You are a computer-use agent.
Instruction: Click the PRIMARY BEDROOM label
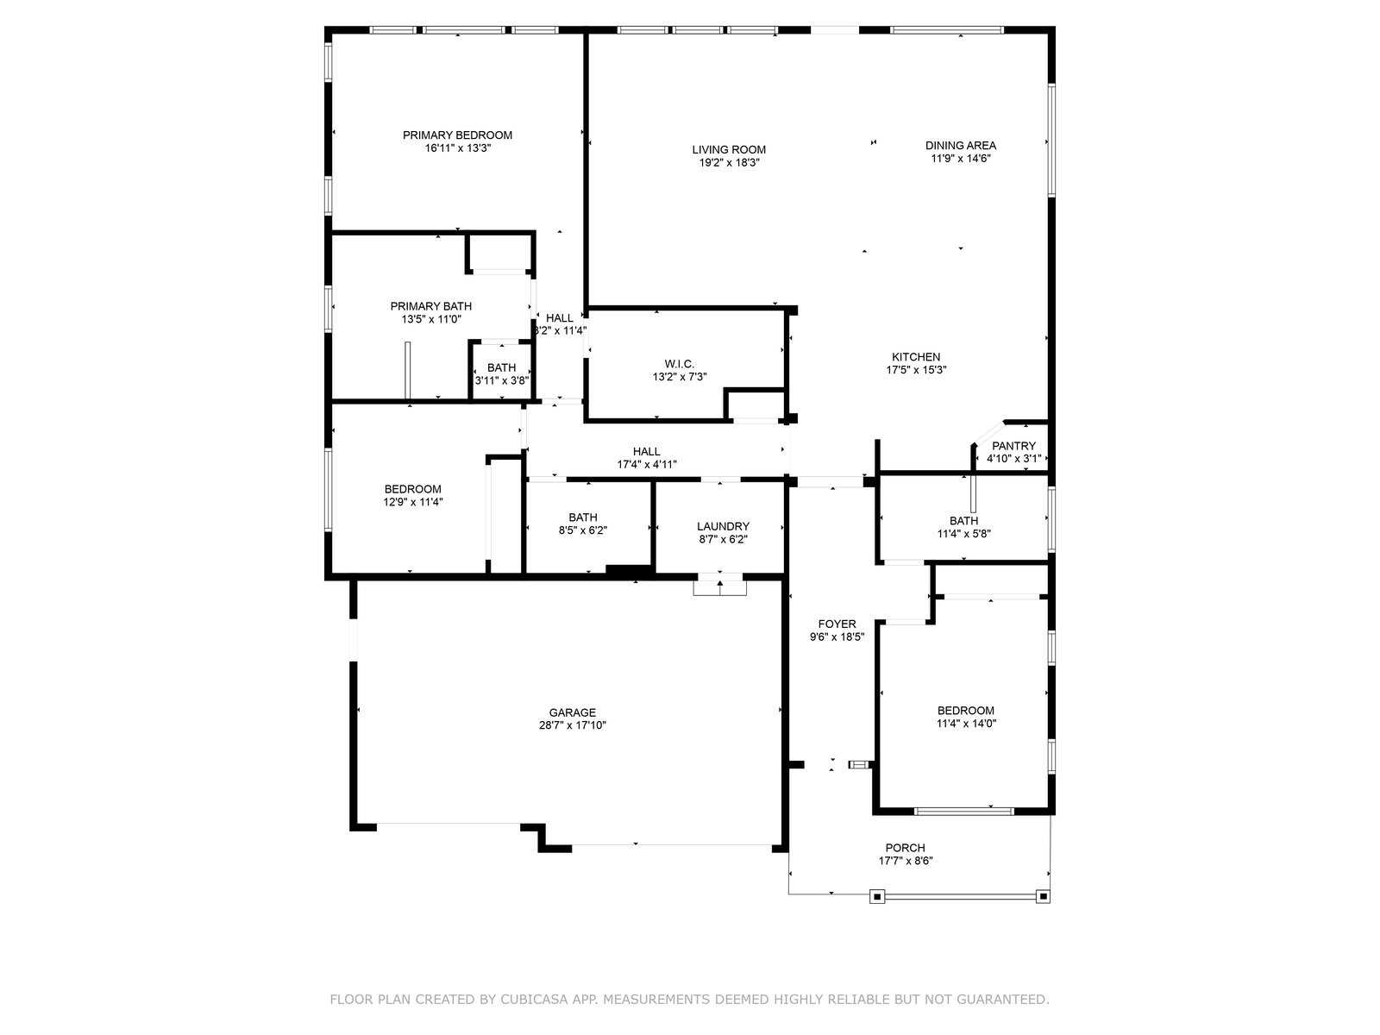point(457,135)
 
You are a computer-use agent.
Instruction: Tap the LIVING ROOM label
point(729,149)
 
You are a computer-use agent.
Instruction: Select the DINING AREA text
point(960,145)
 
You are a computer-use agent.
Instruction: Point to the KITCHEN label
point(916,357)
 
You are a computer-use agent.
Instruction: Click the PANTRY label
point(1013,446)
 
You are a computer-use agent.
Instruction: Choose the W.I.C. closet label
point(679,365)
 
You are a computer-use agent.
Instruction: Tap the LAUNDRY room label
point(723,527)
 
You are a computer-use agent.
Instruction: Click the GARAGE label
point(572,712)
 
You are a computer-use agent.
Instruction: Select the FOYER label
point(837,624)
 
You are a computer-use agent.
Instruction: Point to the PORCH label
point(906,848)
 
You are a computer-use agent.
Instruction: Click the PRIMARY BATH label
point(430,306)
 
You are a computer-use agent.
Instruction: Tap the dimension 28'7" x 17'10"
point(572,725)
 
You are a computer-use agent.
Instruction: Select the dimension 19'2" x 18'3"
point(729,163)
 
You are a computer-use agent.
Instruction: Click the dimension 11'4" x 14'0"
point(966,724)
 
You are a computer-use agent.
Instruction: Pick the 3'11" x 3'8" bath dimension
point(502,380)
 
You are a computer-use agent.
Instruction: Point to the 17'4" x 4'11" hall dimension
point(646,464)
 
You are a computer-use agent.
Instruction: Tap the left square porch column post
point(877,897)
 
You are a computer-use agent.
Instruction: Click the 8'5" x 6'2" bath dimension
point(583,530)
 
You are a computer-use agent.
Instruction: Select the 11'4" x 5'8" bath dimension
point(963,534)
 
